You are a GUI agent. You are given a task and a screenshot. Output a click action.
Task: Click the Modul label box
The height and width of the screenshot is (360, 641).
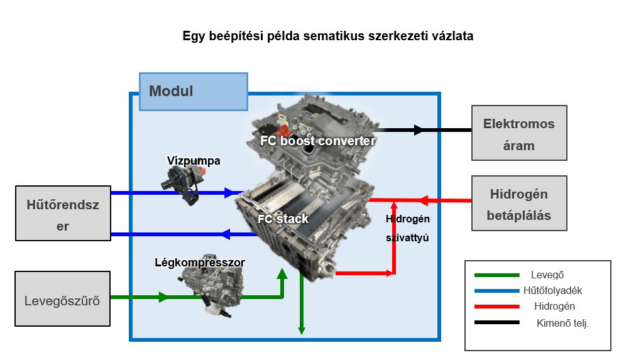click(x=193, y=92)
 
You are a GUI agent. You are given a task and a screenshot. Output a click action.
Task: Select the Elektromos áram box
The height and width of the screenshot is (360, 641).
click(x=519, y=133)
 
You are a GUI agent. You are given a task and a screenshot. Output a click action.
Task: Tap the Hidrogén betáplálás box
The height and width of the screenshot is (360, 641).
click(x=519, y=203)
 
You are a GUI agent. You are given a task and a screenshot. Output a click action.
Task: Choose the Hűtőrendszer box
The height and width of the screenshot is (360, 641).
click(x=63, y=213)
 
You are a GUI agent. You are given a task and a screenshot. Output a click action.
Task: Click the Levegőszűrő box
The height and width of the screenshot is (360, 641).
click(x=62, y=299)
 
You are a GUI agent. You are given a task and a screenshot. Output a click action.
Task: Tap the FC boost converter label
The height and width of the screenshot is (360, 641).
click(x=318, y=141)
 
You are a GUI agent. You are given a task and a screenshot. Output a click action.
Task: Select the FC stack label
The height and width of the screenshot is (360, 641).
click(x=283, y=219)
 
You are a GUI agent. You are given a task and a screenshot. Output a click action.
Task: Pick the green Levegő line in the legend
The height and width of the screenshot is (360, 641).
click(x=496, y=275)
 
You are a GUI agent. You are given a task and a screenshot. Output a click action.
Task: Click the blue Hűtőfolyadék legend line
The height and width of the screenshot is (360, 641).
click(x=496, y=291)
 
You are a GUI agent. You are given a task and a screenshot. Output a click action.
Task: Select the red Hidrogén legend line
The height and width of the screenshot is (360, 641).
click(x=496, y=307)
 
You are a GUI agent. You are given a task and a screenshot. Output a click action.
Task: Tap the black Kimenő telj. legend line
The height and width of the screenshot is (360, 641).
click(x=496, y=322)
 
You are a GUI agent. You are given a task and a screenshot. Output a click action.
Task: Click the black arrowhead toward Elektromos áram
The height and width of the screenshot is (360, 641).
click(x=419, y=130)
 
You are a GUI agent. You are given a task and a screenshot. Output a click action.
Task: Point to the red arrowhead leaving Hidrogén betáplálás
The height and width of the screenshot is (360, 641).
click(x=423, y=201)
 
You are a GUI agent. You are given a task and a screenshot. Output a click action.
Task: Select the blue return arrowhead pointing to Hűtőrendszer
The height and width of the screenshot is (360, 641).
click(x=224, y=235)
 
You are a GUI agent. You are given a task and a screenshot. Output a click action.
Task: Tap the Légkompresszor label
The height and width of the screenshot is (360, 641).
click(x=200, y=262)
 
